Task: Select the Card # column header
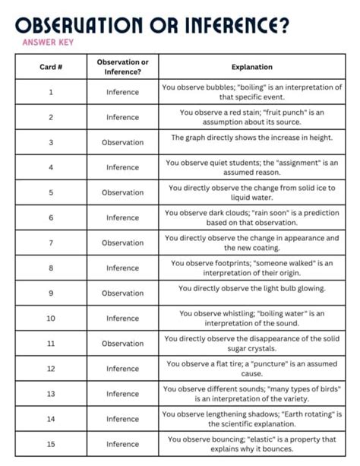coord(51,66)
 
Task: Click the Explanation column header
coord(251,66)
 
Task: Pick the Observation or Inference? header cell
coord(123,66)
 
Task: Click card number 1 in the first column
coord(51,92)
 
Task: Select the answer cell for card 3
coord(123,142)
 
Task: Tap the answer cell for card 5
coord(123,192)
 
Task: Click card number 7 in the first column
coord(51,243)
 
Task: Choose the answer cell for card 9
coord(123,293)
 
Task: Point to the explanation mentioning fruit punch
coord(251,117)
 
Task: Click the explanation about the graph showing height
coord(251,138)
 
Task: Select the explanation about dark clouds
coord(251,217)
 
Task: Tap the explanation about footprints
coord(251,268)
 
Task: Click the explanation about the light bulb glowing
coord(251,288)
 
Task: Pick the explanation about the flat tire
coord(251,368)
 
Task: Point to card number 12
coord(51,368)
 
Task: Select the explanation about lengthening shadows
coord(251,418)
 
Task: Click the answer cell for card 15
coord(123,443)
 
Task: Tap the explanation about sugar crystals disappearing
coord(251,343)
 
